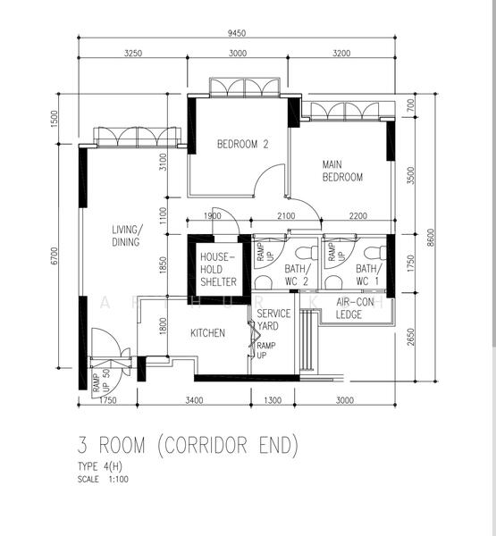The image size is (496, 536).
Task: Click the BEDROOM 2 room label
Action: coord(243,144)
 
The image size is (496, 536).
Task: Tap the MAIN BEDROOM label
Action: coord(342,171)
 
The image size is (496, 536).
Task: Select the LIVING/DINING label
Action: coord(125,235)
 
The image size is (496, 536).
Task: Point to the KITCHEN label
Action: coord(207,333)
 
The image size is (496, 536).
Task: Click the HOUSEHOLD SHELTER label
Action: coord(218,269)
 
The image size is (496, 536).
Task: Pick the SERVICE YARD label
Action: coord(273,320)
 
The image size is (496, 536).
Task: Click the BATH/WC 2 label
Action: coord(298,274)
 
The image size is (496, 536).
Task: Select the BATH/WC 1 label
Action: coord(367,274)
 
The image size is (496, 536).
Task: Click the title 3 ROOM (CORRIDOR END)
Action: coord(188,445)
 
